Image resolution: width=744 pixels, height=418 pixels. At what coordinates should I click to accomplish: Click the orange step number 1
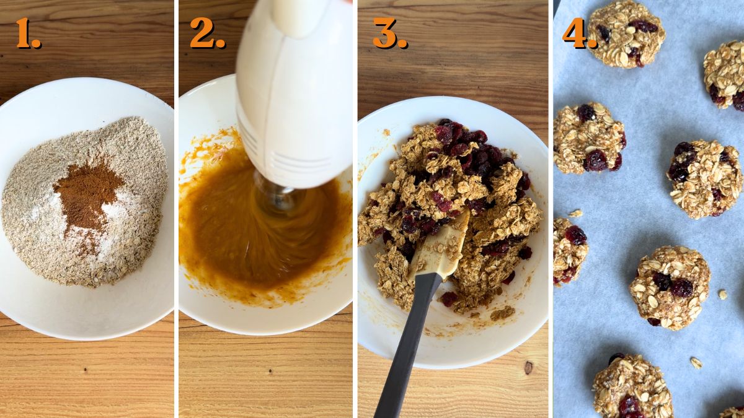(x=27, y=33)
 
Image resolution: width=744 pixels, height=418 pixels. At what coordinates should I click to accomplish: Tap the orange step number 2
(x=206, y=33)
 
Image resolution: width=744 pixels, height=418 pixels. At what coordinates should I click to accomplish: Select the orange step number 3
(x=389, y=33)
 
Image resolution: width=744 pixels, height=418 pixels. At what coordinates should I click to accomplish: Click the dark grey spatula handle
(x=406, y=353)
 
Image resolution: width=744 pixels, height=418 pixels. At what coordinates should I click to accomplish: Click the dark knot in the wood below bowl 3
(x=528, y=367)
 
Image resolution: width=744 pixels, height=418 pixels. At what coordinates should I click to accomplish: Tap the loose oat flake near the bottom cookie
(x=696, y=363)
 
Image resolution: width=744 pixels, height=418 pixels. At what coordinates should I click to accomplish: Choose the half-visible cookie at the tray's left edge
(x=568, y=251)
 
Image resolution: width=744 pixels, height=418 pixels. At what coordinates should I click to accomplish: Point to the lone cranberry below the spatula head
(x=448, y=298)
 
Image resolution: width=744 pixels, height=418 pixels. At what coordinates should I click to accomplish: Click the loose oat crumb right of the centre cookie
(x=722, y=294)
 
